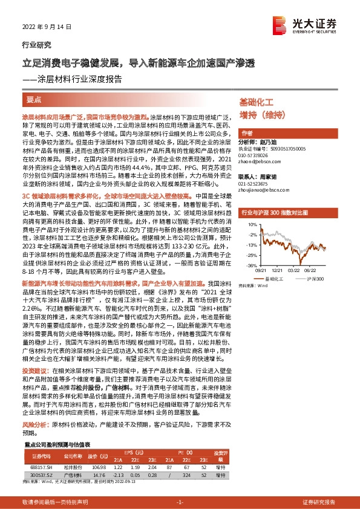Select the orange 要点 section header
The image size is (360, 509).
tap(34, 99)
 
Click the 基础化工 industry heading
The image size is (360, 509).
tap(257, 103)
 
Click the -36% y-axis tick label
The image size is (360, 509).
tap(249, 265)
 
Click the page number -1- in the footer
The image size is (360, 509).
tap(179, 502)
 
